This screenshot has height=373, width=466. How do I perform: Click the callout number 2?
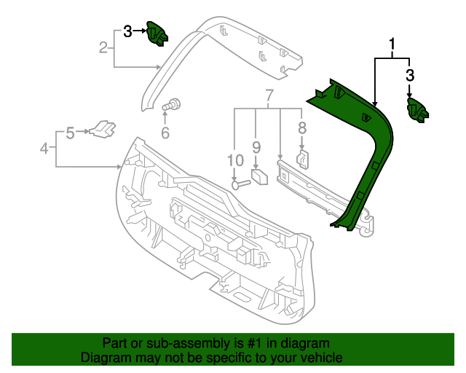103,48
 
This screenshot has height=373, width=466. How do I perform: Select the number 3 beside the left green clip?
127,31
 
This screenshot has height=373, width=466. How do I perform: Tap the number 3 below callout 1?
410,75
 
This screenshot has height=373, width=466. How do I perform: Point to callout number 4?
44,149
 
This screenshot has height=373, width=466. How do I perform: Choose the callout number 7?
302,129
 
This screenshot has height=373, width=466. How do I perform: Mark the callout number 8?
256,146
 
